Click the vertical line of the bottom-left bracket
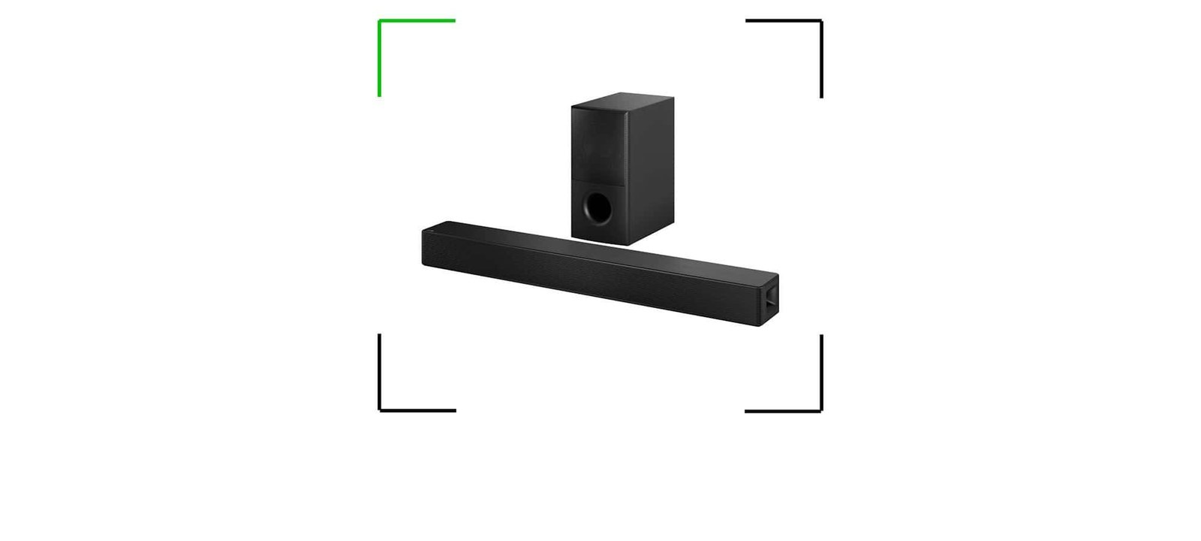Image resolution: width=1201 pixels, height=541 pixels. coord(379,371)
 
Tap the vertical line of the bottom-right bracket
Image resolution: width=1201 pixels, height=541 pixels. coord(821,371)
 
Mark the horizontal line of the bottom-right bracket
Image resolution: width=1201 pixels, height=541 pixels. coord(782,411)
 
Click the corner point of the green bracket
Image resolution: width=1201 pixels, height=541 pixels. coord(379,20)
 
